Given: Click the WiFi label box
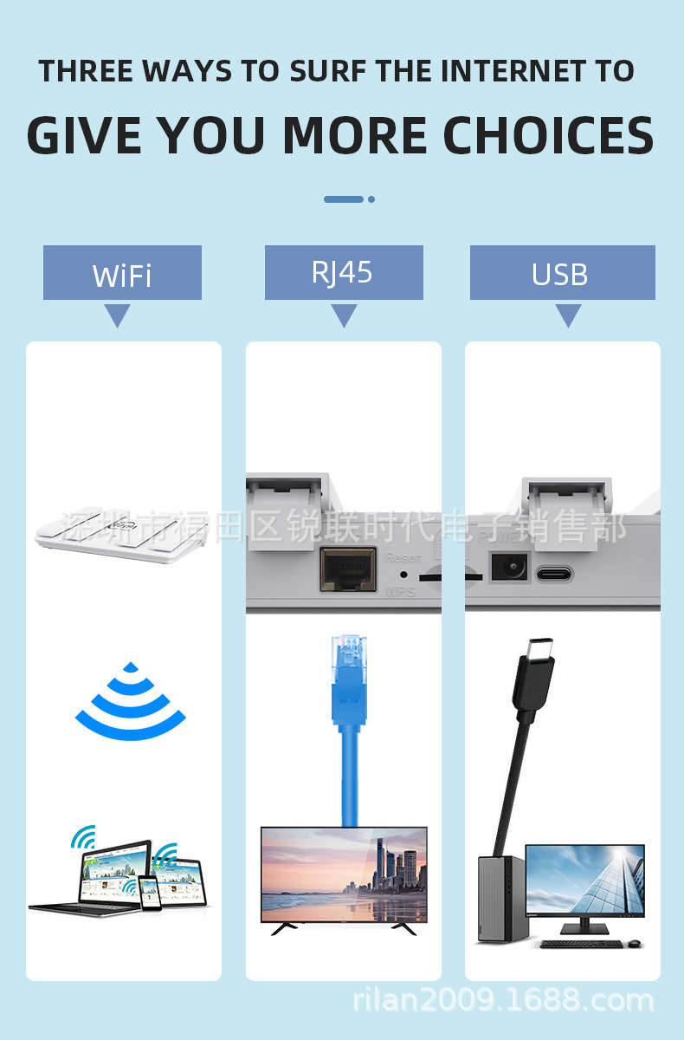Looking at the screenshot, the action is tap(122, 273).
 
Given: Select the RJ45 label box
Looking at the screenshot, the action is tap(344, 272).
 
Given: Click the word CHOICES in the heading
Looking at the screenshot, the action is tap(548, 135).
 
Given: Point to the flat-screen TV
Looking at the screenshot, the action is tap(344, 875).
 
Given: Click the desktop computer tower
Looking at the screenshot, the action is tap(500, 897).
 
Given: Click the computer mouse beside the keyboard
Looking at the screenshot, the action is tap(634, 943).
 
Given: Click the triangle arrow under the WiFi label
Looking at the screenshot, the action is tap(117, 315).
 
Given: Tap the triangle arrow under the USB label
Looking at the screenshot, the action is tap(568, 315).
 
